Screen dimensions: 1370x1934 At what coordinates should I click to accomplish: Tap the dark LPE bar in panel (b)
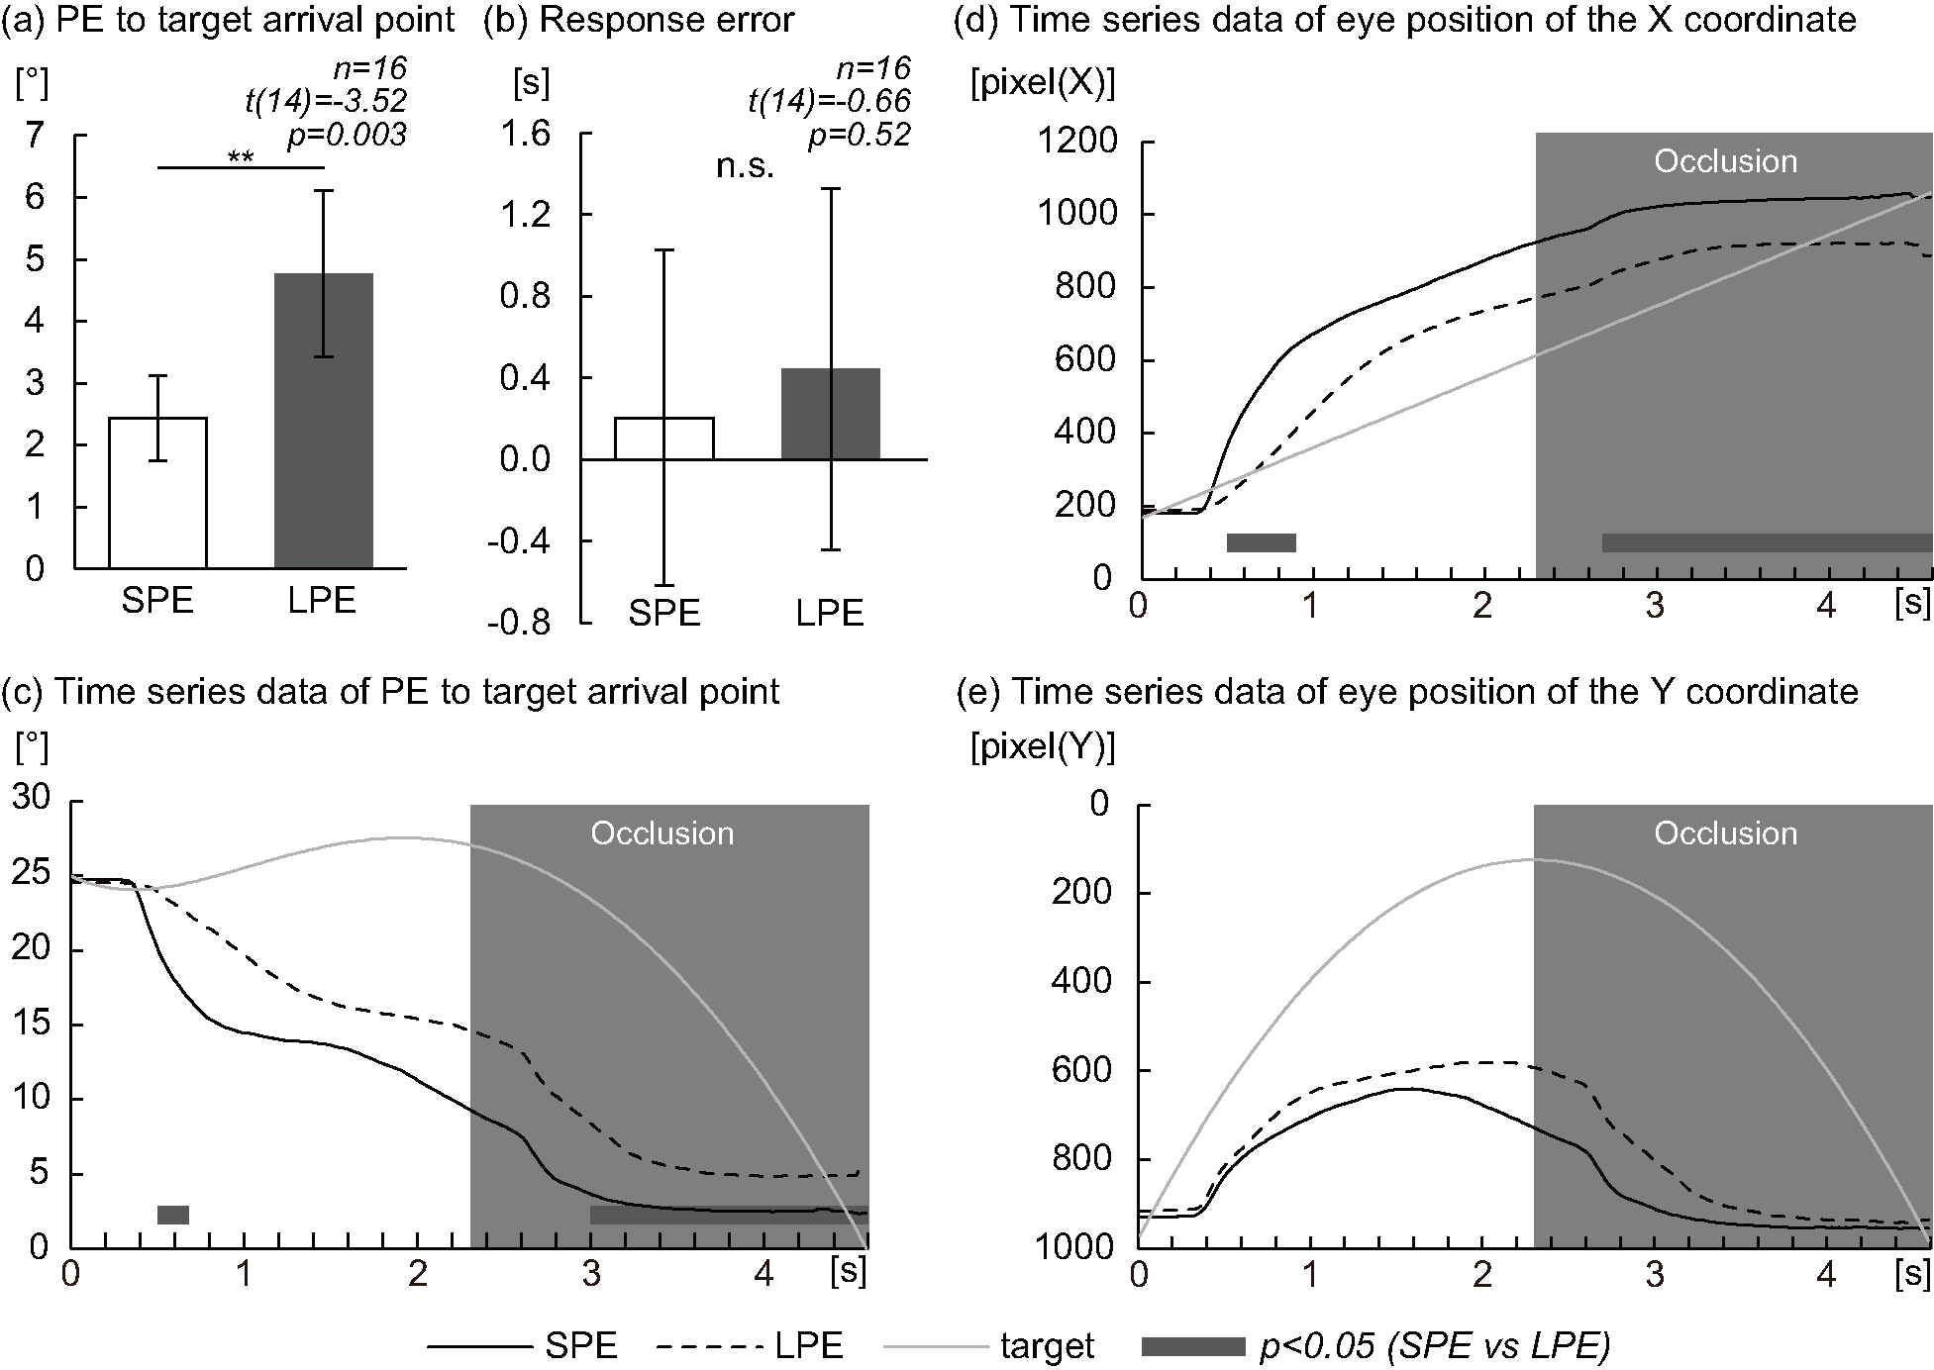click(830, 414)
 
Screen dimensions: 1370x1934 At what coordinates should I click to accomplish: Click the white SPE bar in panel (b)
click(663, 439)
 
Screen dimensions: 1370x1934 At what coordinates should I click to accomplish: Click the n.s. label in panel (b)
click(745, 166)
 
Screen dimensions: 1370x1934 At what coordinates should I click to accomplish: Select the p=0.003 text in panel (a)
click(347, 135)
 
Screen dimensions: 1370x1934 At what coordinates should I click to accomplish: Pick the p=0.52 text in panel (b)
click(859, 135)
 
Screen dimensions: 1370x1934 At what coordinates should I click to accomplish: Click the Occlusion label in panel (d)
click(1725, 161)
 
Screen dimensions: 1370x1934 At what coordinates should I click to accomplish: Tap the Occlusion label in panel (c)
click(662, 833)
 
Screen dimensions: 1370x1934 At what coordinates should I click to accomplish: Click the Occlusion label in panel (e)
click(1725, 833)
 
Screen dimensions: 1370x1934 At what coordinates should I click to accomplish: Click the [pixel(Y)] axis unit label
click(1042, 749)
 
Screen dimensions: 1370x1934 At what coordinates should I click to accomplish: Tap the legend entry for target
click(1046, 1346)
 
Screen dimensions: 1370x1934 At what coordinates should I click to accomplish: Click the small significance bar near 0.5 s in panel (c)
click(172, 1215)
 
